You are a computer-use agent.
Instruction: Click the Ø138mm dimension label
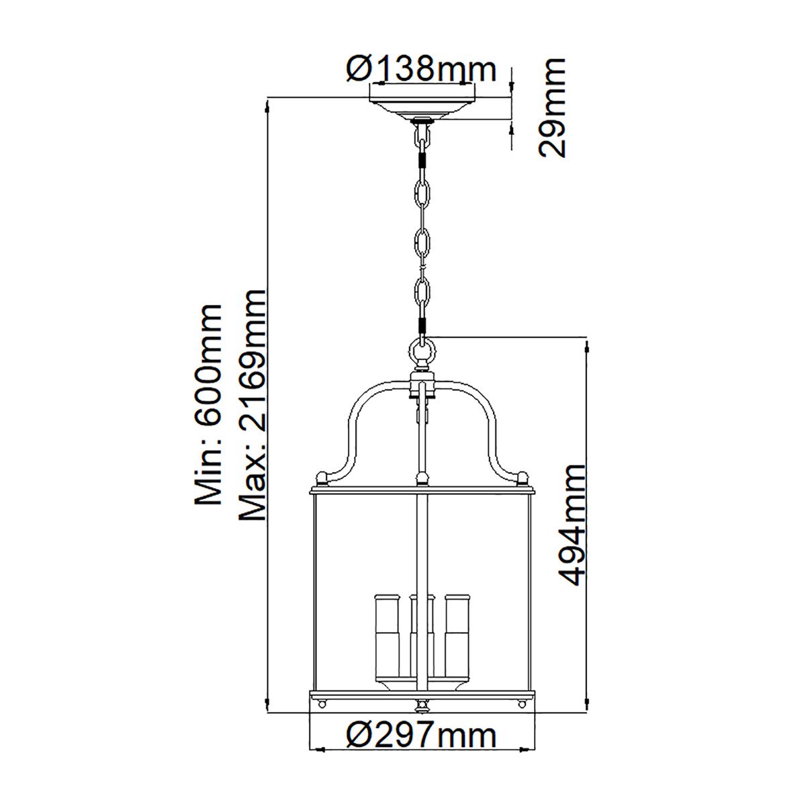click(x=421, y=69)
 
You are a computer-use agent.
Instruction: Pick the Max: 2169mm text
click(x=253, y=405)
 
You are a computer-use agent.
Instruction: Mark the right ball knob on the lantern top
click(x=522, y=478)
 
